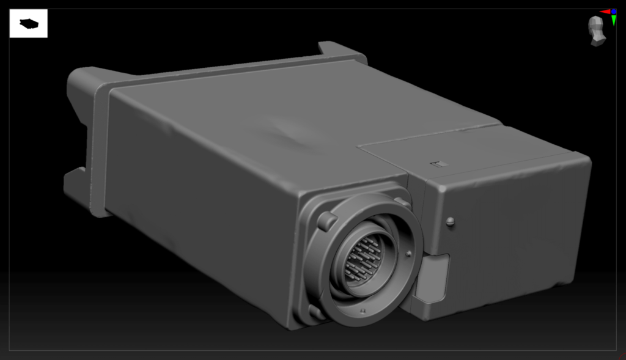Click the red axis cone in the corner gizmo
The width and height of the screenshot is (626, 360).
(x=604, y=12)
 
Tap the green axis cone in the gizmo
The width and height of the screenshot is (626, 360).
(x=613, y=21)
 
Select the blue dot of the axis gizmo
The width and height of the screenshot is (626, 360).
(x=614, y=12)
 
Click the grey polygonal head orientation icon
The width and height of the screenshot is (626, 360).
(x=597, y=31)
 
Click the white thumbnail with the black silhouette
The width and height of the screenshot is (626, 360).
(x=28, y=24)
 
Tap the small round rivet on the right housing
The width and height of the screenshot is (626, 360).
(x=450, y=222)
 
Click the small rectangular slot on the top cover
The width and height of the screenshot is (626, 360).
(x=439, y=164)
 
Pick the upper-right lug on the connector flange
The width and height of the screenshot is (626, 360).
(x=402, y=201)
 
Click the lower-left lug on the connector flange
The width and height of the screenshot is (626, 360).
(x=317, y=312)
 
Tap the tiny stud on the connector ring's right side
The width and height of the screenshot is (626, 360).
(x=408, y=252)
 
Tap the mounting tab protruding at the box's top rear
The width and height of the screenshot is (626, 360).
(x=339, y=50)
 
